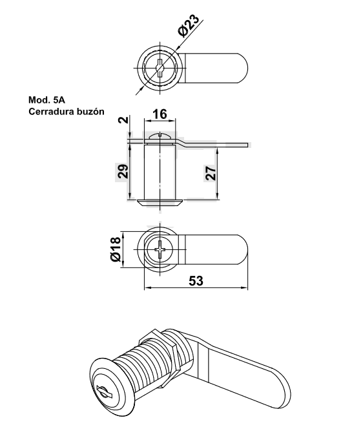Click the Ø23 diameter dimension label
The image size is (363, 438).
(189, 25)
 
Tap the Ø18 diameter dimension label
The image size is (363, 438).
(116, 249)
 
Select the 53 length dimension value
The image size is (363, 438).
(196, 281)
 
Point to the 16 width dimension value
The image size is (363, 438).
(160, 114)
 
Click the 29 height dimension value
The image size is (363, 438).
(123, 171)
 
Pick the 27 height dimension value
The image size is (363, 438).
(211, 173)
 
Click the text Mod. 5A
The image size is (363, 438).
(47, 99)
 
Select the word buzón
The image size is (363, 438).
(91, 112)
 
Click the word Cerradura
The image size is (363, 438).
(52, 112)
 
